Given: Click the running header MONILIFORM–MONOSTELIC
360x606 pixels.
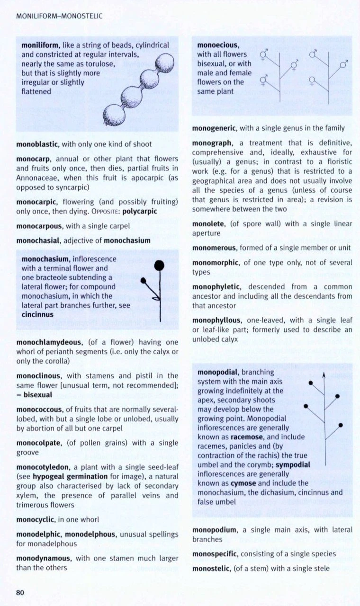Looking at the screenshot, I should (x=59, y=16).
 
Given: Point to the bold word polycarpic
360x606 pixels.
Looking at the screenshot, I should (x=138, y=211).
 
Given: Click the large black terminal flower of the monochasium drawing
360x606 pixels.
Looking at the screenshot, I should (x=159, y=265).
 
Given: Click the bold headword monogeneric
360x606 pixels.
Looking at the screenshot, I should (x=215, y=128).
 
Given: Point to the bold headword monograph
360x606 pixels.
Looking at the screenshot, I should (x=212, y=143).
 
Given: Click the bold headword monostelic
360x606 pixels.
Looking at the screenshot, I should (x=211, y=568).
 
